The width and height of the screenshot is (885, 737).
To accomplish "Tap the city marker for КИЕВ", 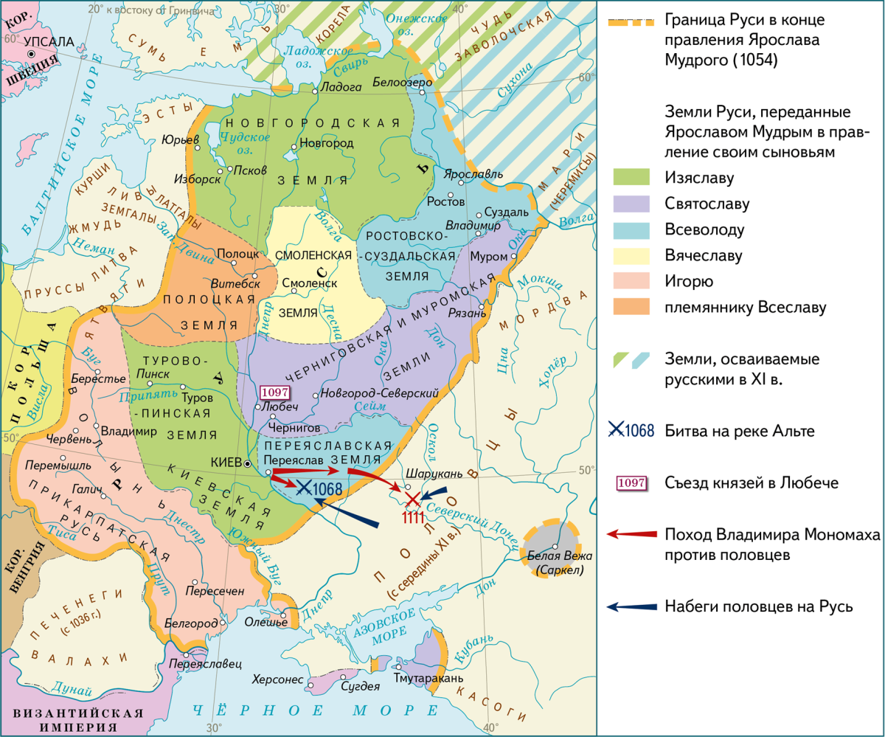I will click(249, 463).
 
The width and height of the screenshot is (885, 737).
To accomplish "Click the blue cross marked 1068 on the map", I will click(304, 486).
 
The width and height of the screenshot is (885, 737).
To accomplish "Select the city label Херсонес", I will click(277, 679).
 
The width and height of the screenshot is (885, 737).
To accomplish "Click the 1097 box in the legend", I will click(631, 483).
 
